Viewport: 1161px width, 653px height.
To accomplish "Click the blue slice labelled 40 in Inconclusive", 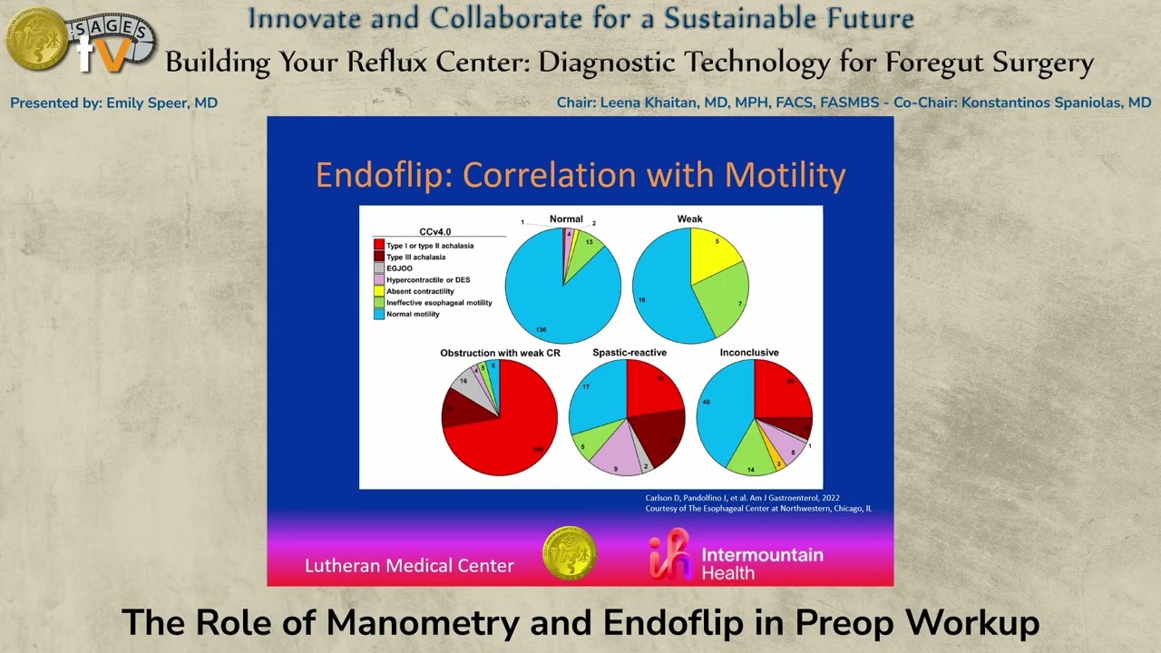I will [721, 408].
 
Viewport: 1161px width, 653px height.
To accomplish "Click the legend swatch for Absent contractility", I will [379, 291].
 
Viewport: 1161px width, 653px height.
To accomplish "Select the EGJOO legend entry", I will [400, 268].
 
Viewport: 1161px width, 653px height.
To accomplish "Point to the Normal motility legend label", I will [413, 314].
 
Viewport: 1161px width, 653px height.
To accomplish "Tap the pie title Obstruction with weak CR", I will [500, 352].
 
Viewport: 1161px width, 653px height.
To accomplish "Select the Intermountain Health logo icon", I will [669, 556].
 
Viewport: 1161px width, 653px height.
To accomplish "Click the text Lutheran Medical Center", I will [409, 566].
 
